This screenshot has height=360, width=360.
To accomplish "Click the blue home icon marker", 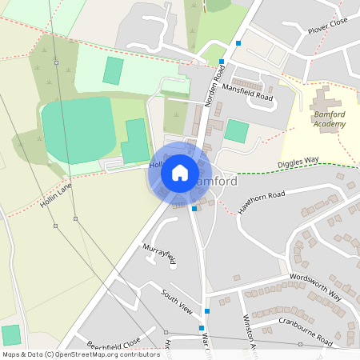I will pyautogui.click(x=180, y=172).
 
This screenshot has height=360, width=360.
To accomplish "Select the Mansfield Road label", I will pyautogui.click(x=248, y=92).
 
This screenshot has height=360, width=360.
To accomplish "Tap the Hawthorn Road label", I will pyautogui.click(x=262, y=202).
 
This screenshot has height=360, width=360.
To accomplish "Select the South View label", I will pyautogui.click(x=177, y=302).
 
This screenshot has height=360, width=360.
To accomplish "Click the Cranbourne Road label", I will pyautogui.click(x=305, y=330).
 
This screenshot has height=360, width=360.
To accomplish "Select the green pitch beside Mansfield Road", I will pyautogui.click(x=236, y=130).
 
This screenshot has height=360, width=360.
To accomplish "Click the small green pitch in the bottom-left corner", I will pyautogui.click(x=11, y=335).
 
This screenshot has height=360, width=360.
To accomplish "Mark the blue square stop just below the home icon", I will pyautogui.click(x=194, y=208).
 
